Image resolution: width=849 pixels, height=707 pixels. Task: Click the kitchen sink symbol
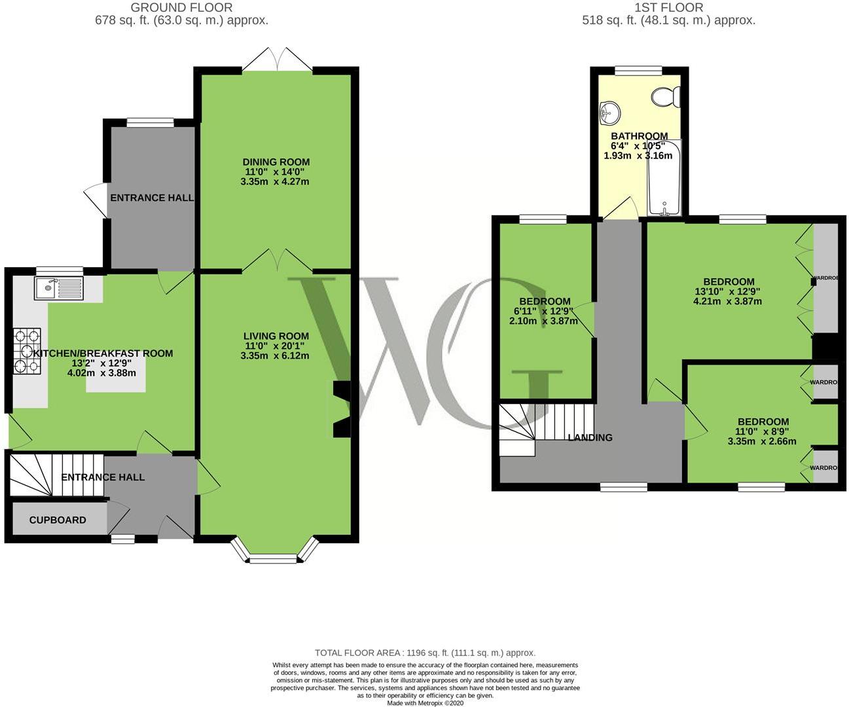[59, 289]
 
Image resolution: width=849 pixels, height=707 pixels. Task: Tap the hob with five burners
[27, 351]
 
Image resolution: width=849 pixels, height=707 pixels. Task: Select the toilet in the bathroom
[666, 97]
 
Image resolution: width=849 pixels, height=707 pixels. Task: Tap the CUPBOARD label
[58, 520]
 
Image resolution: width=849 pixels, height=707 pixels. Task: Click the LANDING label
[590, 437]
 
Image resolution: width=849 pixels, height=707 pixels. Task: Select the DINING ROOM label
[276, 162]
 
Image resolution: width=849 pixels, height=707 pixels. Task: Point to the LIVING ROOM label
[276, 336]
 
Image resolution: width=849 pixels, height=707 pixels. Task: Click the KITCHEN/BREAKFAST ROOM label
[103, 353]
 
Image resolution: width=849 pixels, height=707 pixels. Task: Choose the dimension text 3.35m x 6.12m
[275, 355]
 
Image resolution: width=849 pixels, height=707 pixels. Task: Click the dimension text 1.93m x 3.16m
[638, 155]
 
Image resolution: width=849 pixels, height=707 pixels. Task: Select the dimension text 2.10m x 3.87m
[544, 321]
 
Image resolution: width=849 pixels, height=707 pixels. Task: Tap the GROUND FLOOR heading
[182, 7]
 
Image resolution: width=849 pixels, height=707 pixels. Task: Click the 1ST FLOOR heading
[669, 7]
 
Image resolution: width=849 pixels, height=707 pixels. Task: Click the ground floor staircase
[56, 475]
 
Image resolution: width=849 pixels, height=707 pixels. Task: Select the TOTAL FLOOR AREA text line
[425, 653]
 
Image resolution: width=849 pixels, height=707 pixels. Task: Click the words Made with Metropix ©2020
[425, 703]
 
